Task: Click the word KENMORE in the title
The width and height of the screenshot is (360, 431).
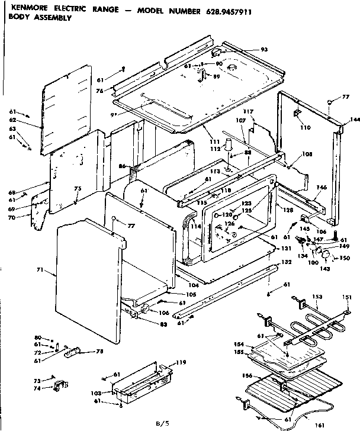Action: click(x=24, y=8)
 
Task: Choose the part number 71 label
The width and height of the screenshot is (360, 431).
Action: click(x=39, y=270)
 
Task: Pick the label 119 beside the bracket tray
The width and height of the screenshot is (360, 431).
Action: click(x=181, y=362)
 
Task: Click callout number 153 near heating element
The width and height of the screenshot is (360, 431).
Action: click(x=317, y=296)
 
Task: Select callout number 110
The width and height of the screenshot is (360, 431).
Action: click(x=305, y=127)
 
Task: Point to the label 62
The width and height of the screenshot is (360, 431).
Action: click(x=13, y=119)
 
